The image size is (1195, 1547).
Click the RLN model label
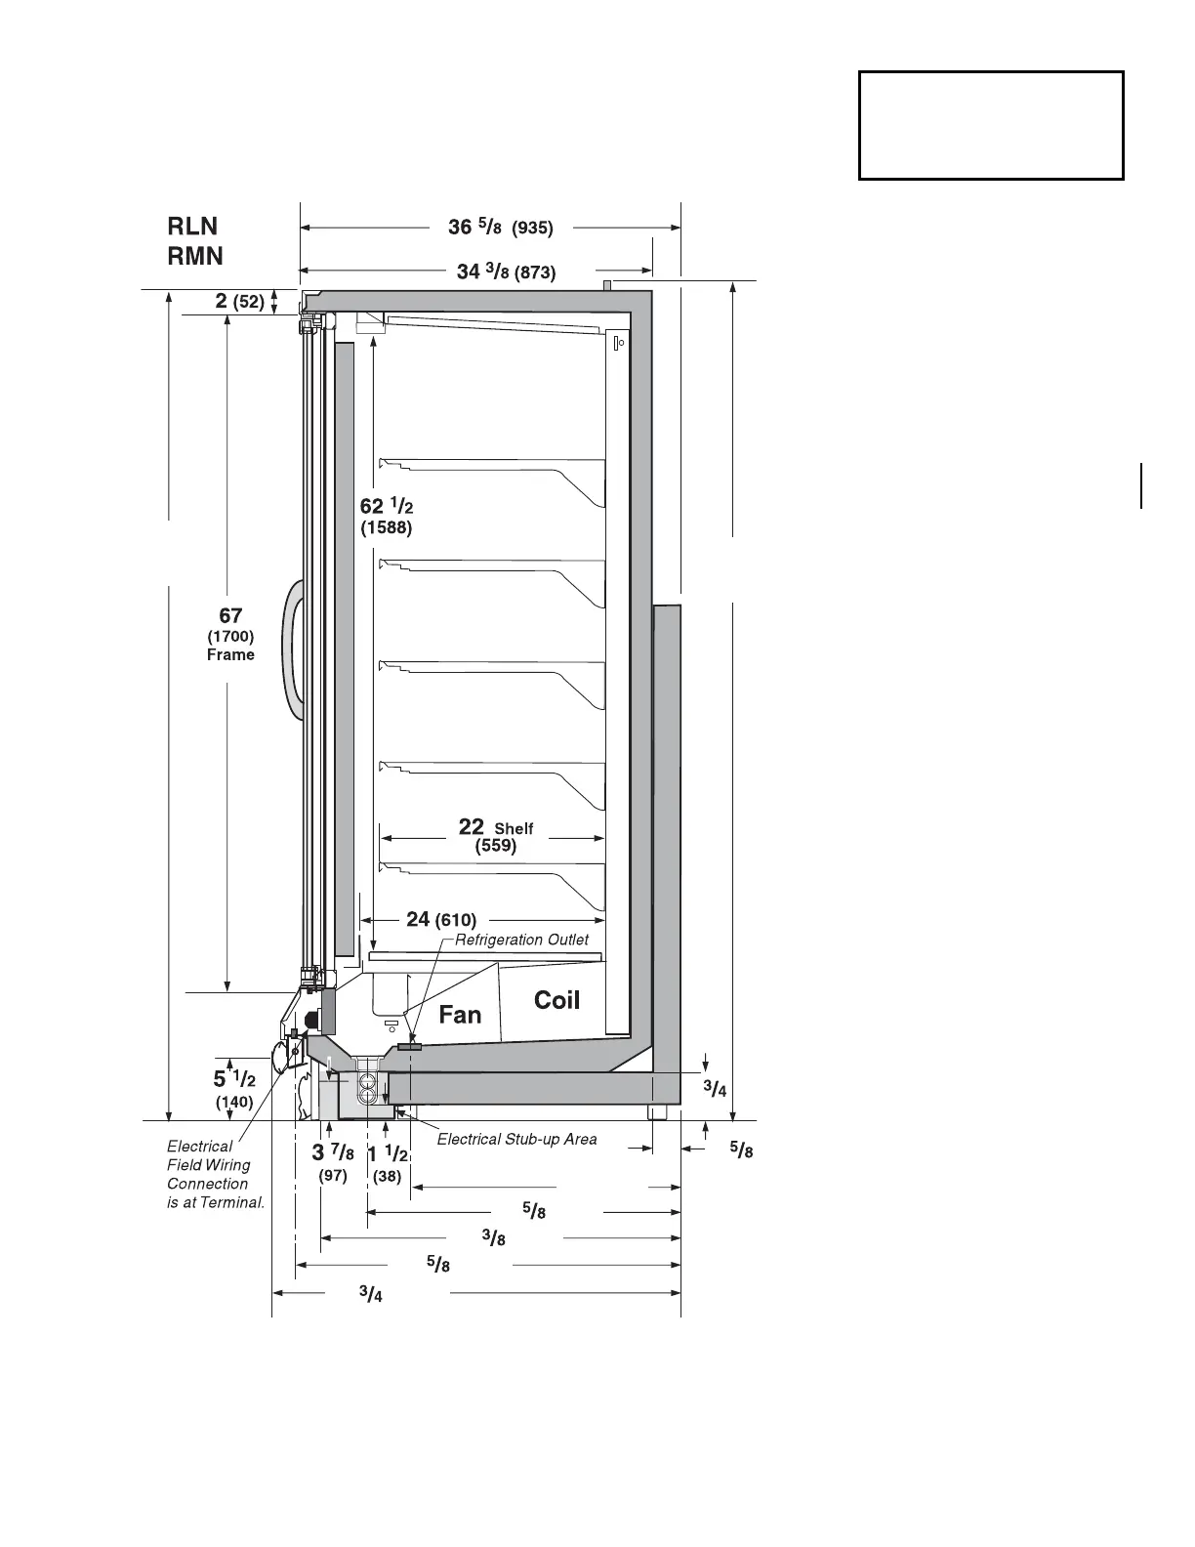click(192, 227)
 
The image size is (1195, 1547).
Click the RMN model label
click(195, 256)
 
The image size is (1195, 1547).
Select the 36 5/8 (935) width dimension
click(500, 228)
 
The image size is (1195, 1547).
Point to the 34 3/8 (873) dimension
click(506, 272)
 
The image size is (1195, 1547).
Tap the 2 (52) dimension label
click(240, 301)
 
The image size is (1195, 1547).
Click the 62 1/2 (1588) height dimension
click(387, 516)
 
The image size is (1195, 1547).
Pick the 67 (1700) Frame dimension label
click(230, 634)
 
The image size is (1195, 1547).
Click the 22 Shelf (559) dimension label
click(496, 836)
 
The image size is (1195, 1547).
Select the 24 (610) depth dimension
click(441, 919)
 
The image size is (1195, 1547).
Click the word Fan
click(460, 1015)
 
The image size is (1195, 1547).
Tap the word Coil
click(556, 1000)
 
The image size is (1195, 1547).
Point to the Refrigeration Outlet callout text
click(522, 940)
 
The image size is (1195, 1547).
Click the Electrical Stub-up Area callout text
click(516, 1139)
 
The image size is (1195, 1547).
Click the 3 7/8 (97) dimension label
click(333, 1162)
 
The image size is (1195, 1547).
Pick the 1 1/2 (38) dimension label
click(388, 1162)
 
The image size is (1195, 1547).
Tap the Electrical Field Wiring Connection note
click(215, 1174)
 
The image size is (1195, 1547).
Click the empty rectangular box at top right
click(991, 125)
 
